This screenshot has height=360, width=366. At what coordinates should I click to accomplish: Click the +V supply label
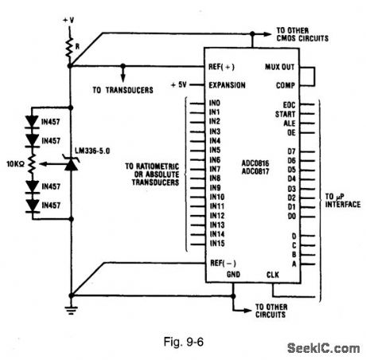point(72,14)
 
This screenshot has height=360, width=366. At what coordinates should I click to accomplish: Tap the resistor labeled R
point(70,45)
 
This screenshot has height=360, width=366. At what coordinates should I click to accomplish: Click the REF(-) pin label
point(224,261)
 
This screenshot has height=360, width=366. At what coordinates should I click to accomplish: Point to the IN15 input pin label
point(218,243)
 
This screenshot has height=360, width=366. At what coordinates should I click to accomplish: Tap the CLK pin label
point(274,275)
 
